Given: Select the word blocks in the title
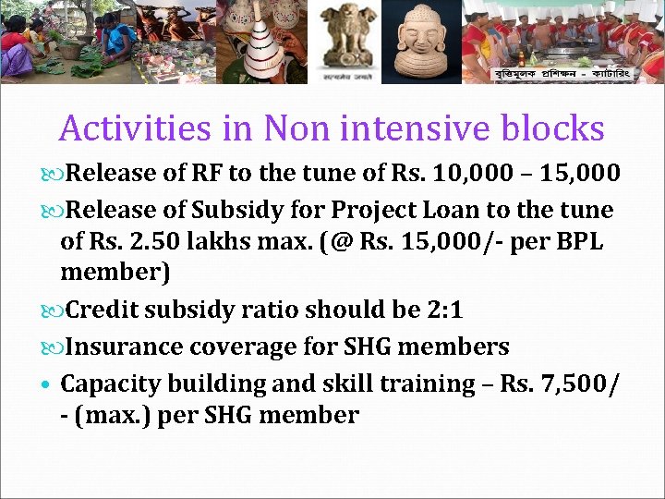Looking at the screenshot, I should pyautogui.click(x=555, y=128).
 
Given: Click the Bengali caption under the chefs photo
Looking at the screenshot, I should pyautogui.click(x=564, y=71).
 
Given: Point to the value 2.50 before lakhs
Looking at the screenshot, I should pyautogui.click(x=151, y=243).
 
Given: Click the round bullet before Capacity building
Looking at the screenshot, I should pyautogui.click(x=47, y=383).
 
